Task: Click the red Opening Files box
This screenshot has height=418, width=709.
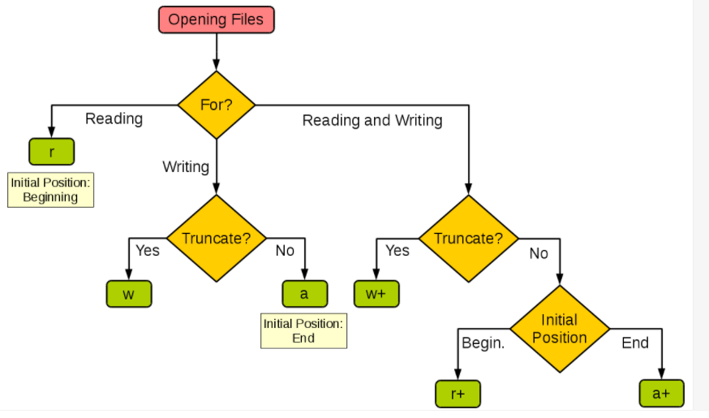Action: pyautogui.click(x=216, y=20)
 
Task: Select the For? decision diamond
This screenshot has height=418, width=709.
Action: pyautogui.click(x=216, y=105)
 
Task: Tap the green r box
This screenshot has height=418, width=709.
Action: pyautogui.click(x=52, y=152)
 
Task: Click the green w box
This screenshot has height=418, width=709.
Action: pyautogui.click(x=129, y=294)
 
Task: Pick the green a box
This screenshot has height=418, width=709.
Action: pyautogui.click(x=305, y=294)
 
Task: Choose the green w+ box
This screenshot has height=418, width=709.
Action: pyautogui.click(x=376, y=294)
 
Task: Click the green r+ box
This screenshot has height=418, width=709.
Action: pyautogui.click(x=458, y=394)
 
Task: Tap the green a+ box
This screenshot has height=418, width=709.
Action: pyautogui.click(x=661, y=394)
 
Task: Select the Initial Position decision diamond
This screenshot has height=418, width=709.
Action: pyautogui.click(x=560, y=329)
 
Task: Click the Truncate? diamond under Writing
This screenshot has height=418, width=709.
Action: pyautogui.click(x=216, y=239)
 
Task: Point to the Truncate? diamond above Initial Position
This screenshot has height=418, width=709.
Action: pyautogui.click(x=468, y=239)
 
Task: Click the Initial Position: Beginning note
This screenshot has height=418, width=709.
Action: pyautogui.click(x=50, y=190)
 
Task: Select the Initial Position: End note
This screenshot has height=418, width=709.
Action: pyautogui.click(x=304, y=331)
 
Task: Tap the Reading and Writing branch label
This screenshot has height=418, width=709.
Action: pyautogui.click(x=372, y=120)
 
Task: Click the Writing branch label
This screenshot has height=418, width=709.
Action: pyautogui.click(x=186, y=167)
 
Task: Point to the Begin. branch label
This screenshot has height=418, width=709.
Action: pyautogui.click(x=483, y=343)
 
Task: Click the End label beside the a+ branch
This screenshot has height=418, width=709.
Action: pyautogui.click(x=635, y=343)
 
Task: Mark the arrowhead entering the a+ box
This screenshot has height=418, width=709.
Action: pyautogui.click(x=661, y=373)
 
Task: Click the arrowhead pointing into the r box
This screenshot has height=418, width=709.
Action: pyautogui.click(x=52, y=132)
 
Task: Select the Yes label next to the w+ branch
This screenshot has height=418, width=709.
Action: pyautogui.click(x=397, y=251)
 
